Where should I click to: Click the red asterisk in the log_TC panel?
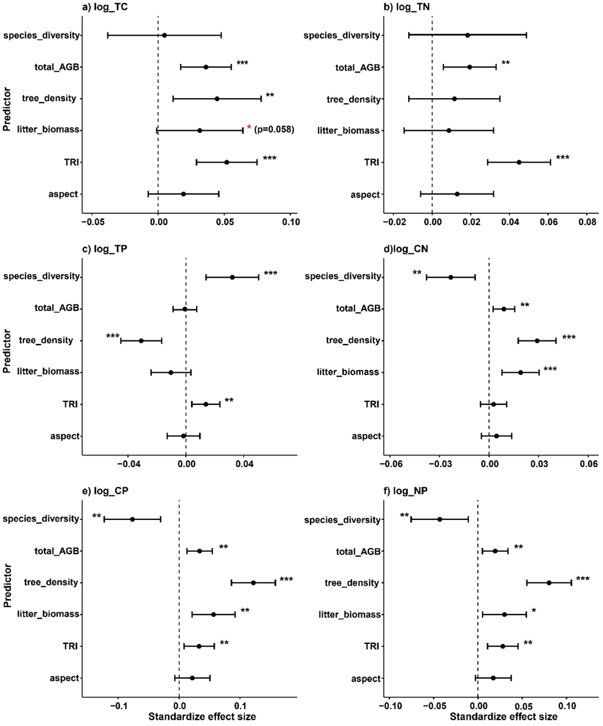(249, 128)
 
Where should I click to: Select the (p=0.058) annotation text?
(274, 130)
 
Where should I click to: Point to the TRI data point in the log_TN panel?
(519, 162)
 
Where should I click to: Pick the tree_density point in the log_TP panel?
(141, 340)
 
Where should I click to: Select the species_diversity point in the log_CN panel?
(450, 277)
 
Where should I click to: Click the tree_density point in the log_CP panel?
(253, 583)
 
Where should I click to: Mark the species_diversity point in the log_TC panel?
(164, 36)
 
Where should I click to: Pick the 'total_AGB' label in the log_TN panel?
(358, 67)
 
